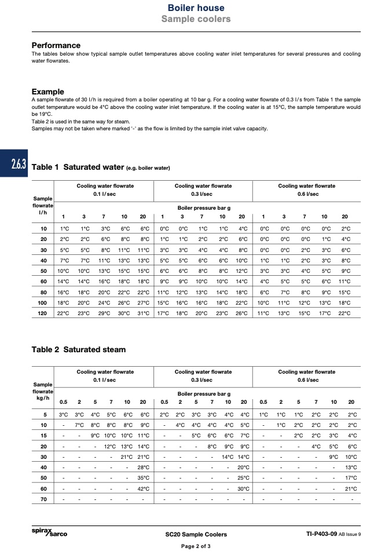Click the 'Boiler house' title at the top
[x=196, y=8]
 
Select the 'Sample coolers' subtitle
[x=196, y=19]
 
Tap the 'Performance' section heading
[x=56, y=45]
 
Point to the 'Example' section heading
[x=47, y=92]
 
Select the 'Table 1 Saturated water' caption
[x=101, y=168]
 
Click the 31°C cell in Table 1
[x=143, y=313]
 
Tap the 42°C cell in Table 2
[x=143, y=488]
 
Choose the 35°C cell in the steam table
[x=143, y=478]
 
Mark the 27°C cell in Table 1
[x=143, y=303]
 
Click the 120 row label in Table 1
[x=42, y=313]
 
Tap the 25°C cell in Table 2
[x=244, y=478]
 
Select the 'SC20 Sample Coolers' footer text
[x=196, y=534]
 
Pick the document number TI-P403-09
[x=325, y=534]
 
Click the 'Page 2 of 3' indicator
[x=196, y=546]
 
